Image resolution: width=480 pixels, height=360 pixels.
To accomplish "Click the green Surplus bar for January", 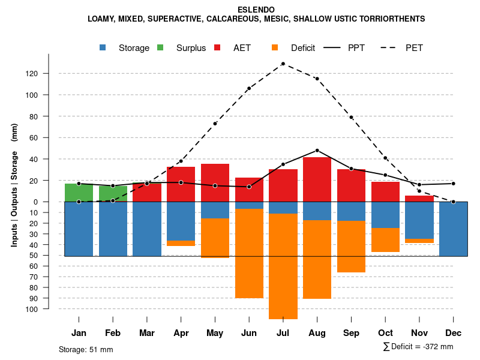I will pyautogui.click(x=79, y=193).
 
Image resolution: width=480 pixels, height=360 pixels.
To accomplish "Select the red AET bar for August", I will pyautogui.click(x=317, y=179).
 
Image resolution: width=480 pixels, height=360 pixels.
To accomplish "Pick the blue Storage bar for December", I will pyautogui.click(x=453, y=229).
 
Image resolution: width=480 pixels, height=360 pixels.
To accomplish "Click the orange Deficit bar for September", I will pyautogui.click(x=351, y=247).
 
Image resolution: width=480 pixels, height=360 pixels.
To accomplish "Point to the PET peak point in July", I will pyautogui.click(x=283, y=64).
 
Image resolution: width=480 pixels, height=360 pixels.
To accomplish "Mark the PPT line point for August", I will pyautogui.click(x=317, y=151).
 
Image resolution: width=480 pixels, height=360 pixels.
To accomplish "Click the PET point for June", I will pyautogui.click(x=248, y=88).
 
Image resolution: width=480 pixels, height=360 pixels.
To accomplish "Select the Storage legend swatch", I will pyautogui.click(x=103, y=47).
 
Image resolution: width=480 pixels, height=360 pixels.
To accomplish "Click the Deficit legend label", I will pyautogui.click(x=303, y=48).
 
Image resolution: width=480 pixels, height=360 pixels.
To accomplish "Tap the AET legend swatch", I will pyautogui.click(x=218, y=47).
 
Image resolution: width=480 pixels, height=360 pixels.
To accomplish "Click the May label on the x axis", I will pyautogui.click(x=215, y=333).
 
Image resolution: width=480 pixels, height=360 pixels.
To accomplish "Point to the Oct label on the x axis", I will pyautogui.click(x=385, y=333).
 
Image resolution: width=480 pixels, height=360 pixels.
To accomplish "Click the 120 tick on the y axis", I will pyautogui.click(x=48, y=73).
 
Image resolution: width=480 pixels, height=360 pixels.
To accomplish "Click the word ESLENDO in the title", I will pyautogui.click(x=256, y=10).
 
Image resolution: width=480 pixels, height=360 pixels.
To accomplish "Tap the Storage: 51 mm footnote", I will pyautogui.click(x=86, y=349).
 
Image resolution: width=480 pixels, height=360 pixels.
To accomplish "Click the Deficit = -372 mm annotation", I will pyautogui.click(x=418, y=347).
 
